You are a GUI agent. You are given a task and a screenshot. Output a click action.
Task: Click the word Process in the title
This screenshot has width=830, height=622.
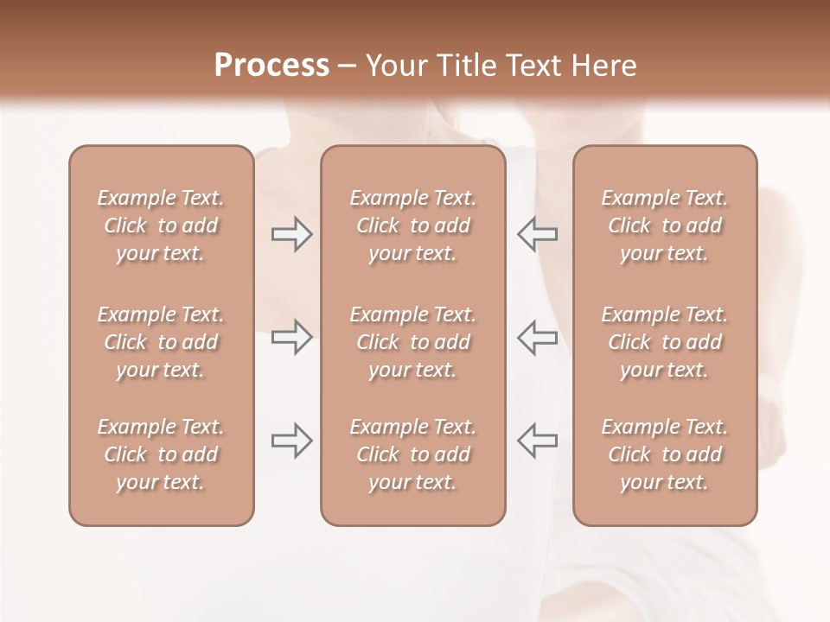pos(271,66)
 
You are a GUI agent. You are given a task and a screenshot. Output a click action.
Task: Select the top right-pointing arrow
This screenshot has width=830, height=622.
pos(291,234)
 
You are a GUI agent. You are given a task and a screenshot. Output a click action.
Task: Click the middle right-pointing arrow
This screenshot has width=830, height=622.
pos(291,337)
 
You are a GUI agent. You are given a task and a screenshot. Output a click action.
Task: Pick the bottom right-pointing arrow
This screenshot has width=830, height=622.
pos(291,441)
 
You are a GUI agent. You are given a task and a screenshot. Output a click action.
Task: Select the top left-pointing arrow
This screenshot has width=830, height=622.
pos(537,234)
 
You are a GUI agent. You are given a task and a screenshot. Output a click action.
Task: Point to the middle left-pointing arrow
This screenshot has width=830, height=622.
pos(537,337)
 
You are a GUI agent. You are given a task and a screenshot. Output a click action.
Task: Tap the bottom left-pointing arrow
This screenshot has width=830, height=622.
pos(537,441)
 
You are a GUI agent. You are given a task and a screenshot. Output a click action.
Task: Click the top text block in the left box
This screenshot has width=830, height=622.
pos(161,225)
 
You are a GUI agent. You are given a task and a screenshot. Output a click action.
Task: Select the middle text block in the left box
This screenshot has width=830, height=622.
pos(161,342)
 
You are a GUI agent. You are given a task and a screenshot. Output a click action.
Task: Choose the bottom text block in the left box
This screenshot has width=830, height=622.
pos(161,454)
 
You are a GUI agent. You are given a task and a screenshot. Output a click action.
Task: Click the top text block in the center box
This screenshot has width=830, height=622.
pos(413,225)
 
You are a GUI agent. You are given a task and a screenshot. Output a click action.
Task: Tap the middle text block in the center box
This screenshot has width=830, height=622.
pos(413,342)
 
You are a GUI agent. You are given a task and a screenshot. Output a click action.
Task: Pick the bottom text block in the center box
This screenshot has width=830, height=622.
pos(413,454)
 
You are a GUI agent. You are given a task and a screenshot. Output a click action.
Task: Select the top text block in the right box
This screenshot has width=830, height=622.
pos(665,225)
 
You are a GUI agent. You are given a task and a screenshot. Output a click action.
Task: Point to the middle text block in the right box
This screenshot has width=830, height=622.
pos(665,342)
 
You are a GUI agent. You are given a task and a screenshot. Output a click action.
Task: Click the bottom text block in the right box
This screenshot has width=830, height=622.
pos(665,454)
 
